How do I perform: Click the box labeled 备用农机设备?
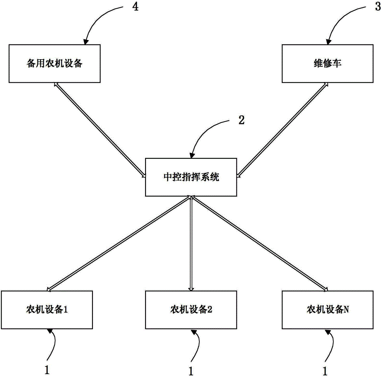[x=55, y=63]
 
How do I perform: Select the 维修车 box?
[x=328, y=63]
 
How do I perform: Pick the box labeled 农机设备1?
[x=47, y=309]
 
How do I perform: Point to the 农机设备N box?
[x=328, y=309]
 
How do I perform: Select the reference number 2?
[x=241, y=120]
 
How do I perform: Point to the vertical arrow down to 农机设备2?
[x=191, y=243]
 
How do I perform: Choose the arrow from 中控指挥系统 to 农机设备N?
[x=260, y=243]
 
